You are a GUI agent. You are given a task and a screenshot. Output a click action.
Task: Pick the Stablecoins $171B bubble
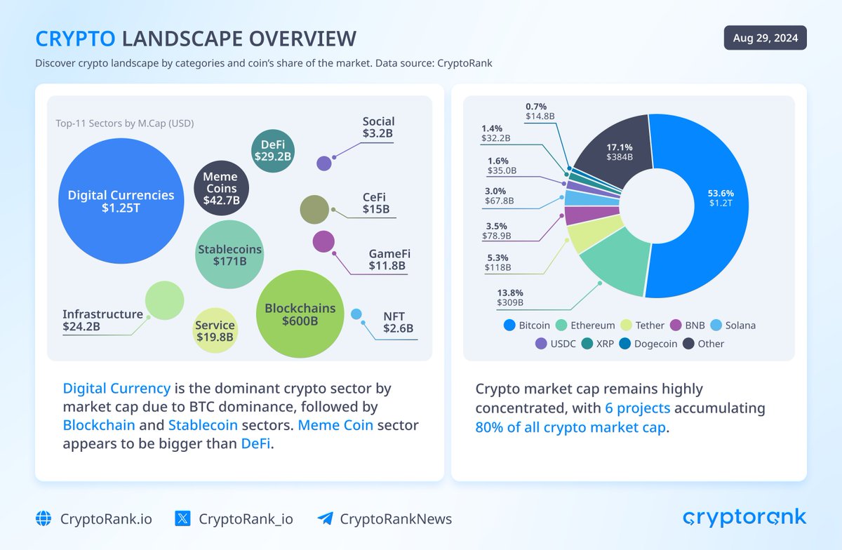(229, 255)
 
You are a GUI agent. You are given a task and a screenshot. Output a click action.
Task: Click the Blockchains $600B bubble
(300, 314)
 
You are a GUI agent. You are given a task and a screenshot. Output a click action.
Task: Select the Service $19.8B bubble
(215, 330)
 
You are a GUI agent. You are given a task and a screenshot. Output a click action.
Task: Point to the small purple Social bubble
(323, 163)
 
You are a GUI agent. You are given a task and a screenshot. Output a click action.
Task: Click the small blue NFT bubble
(356, 314)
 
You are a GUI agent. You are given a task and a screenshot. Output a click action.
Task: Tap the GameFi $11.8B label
(387, 260)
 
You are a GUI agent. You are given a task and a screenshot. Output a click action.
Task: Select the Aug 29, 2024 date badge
(765, 38)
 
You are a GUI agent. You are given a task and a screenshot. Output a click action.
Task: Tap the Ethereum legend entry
(585, 326)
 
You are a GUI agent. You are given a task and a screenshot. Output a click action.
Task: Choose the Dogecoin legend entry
(650, 344)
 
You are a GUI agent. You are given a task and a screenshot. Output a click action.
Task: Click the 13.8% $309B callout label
(510, 297)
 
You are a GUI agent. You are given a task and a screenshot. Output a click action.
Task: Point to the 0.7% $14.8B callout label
(540, 110)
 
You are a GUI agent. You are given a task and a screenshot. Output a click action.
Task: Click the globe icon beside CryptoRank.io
(44, 519)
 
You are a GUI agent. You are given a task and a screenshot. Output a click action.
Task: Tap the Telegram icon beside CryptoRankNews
(325, 519)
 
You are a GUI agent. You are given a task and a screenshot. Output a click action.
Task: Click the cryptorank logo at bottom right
(744, 518)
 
